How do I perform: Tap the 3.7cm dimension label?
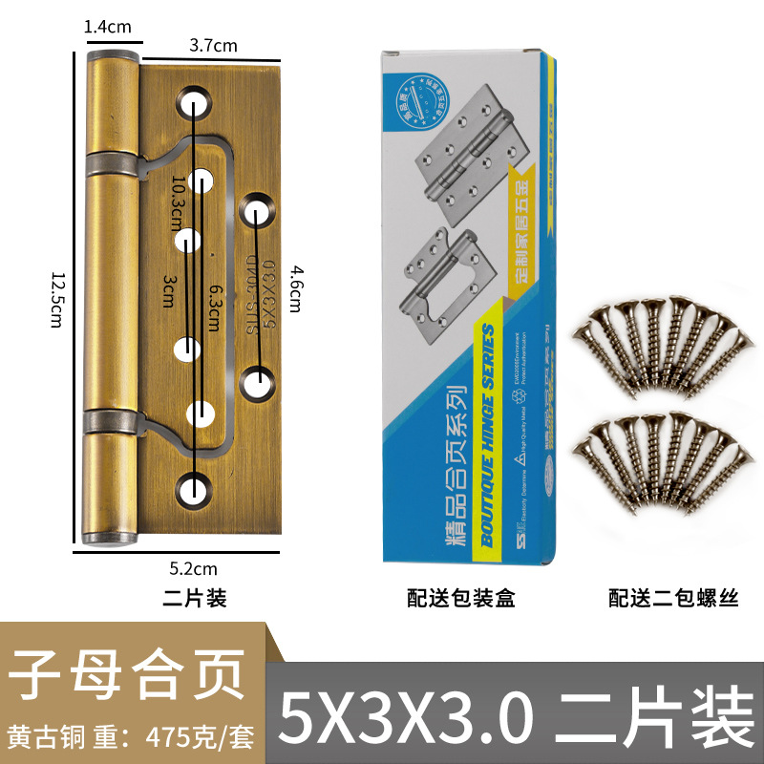[x=213, y=45]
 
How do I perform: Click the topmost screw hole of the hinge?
[x=195, y=101]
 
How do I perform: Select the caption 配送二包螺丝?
[x=673, y=599]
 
